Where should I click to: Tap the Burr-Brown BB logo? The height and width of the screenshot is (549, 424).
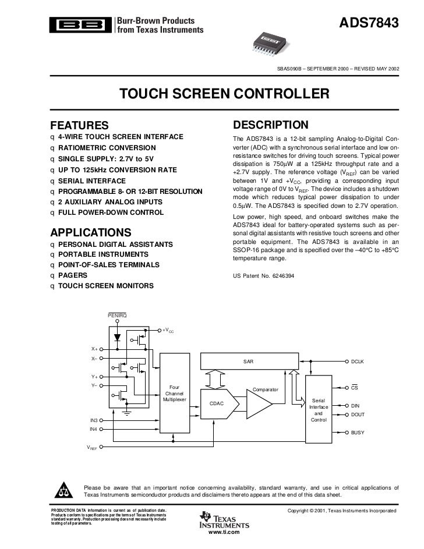[81, 24]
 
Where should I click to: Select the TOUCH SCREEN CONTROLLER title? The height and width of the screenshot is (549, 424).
[224, 94]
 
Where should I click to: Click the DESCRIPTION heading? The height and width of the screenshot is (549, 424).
[270, 125]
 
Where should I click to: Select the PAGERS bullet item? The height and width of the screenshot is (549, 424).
[73, 275]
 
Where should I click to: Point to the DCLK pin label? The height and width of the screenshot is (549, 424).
[357, 362]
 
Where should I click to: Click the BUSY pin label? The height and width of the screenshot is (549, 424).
[357, 433]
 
